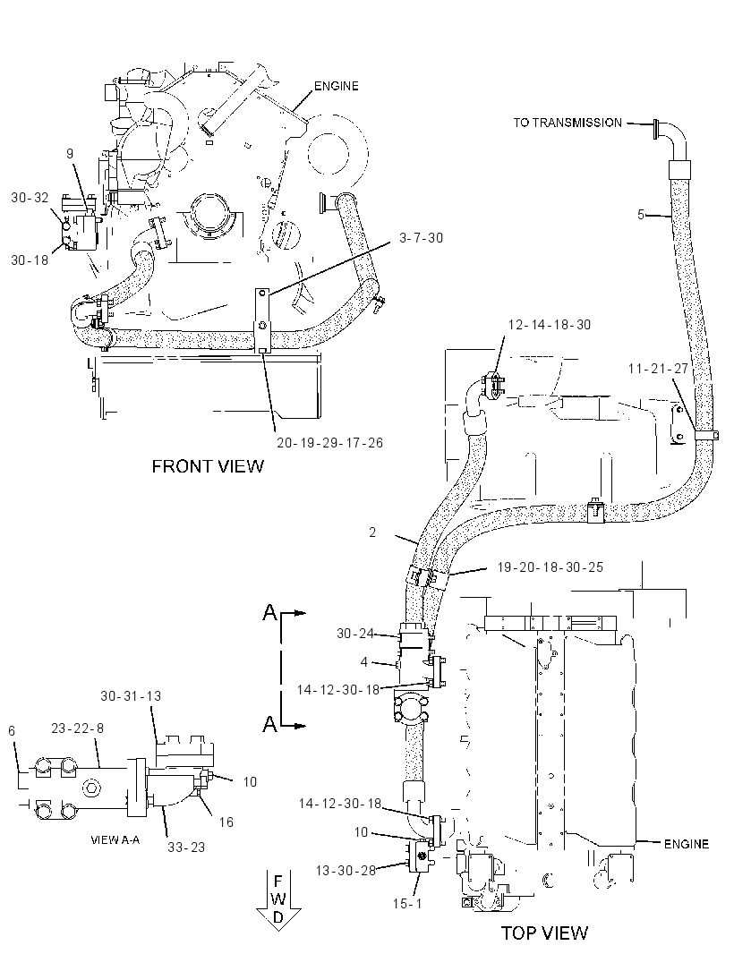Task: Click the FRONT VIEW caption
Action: (x=208, y=466)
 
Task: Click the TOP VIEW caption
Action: (x=545, y=933)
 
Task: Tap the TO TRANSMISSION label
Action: (x=568, y=123)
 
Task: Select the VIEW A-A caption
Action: (x=115, y=839)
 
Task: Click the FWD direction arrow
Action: (x=278, y=899)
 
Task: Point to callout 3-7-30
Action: (x=422, y=238)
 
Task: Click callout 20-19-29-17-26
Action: (x=330, y=443)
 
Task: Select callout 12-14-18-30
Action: (x=549, y=325)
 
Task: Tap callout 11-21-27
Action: (x=658, y=369)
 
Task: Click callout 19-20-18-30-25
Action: (x=550, y=567)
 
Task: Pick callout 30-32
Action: (x=30, y=198)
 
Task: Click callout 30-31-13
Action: (x=131, y=696)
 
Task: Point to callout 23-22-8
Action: (x=77, y=728)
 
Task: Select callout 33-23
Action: (x=186, y=847)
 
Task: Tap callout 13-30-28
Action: (x=346, y=871)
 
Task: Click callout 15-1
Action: (x=407, y=904)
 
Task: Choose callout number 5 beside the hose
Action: (x=641, y=214)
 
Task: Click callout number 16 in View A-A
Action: (x=226, y=822)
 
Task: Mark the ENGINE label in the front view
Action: (x=337, y=86)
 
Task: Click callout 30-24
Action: (x=355, y=634)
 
